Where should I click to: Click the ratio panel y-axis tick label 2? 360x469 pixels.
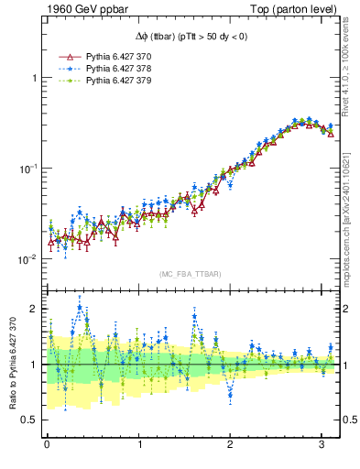[34, 309]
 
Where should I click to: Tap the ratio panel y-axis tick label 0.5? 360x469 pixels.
[29, 420]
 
